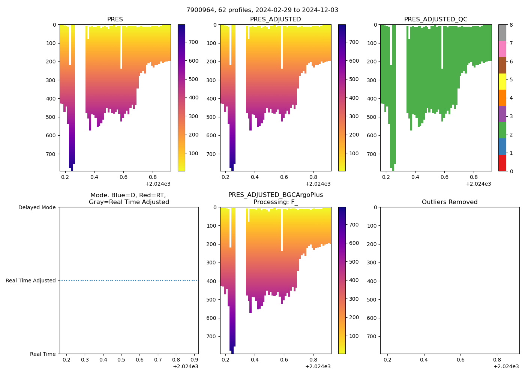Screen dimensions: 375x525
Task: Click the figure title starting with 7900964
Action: tap(262, 10)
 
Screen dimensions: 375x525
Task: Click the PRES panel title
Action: tap(115, 19)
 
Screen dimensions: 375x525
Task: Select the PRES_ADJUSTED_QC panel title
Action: tap(435, 19)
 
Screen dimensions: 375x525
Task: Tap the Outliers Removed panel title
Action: tap(449, 202)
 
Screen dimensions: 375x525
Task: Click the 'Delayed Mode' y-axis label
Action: tap(37, 207)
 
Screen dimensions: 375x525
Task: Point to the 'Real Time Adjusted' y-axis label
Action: tap(31, 280)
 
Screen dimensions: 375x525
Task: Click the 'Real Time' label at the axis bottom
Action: tap(43, 354)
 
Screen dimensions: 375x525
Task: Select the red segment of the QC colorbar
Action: tap(502, 163)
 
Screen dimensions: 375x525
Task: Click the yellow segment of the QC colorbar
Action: tap(502, 82)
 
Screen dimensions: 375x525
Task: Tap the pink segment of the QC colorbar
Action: tap(502, 49)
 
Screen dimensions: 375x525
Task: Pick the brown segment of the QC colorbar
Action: tap(502, 65)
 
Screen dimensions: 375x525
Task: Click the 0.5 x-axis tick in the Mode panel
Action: tap(121, 360)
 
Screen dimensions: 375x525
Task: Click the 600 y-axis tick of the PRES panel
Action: tap(51, 135)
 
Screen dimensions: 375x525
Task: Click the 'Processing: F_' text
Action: tap(275, 202)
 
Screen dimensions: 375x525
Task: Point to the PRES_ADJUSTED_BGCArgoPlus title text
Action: tap(275, 195)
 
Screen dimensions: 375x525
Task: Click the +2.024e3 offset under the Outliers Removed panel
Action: tap(506, 366)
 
